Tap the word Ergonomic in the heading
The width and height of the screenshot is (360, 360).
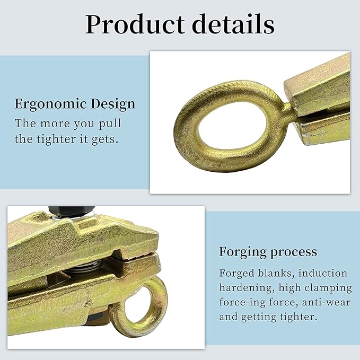[x=51, y=104]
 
